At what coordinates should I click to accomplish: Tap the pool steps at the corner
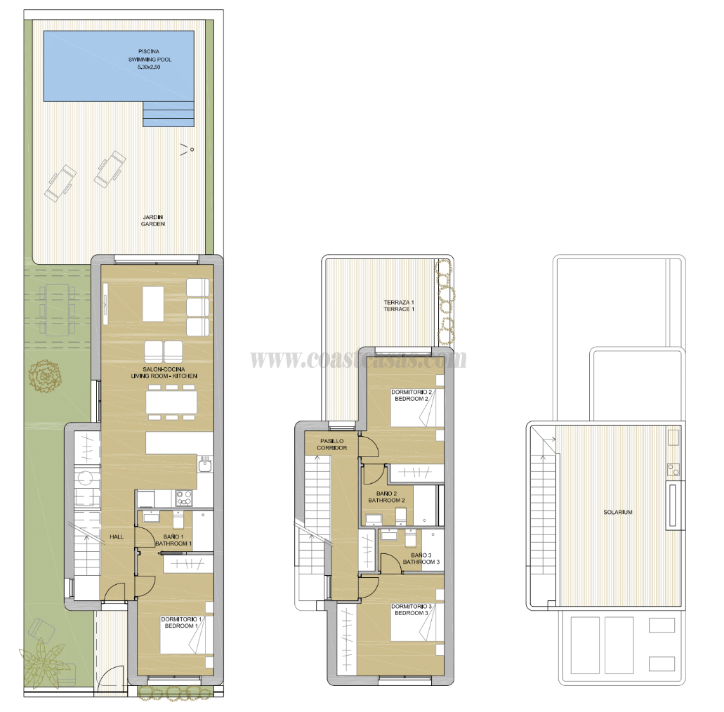168,113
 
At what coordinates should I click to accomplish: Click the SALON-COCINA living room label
164,373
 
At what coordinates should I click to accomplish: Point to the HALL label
116,537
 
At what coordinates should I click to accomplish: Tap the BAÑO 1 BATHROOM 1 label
173,540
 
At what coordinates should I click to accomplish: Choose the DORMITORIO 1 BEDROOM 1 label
181,622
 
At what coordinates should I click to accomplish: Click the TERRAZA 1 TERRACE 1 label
399,305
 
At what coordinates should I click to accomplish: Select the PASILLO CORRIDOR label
331,444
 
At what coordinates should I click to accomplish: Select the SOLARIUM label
618,513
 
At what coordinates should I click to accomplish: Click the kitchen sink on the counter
204,464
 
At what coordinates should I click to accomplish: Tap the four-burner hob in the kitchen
184,498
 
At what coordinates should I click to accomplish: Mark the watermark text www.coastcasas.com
358,360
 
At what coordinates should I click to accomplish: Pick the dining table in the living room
171,402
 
